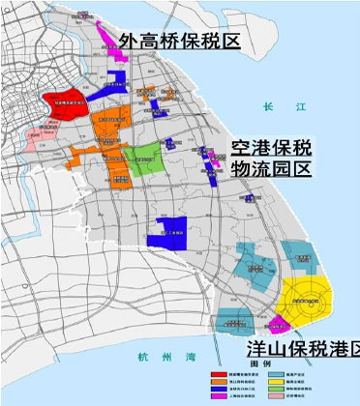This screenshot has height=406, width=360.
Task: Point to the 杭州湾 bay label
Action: (x=155, y=353)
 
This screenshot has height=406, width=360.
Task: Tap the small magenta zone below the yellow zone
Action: (x=279, y=324)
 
